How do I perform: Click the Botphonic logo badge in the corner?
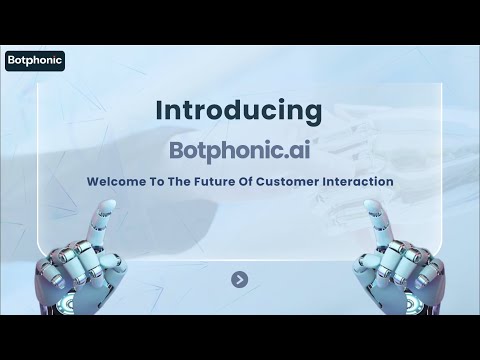[35, 59]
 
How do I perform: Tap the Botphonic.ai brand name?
[239, 149]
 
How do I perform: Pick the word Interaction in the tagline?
[364, 183]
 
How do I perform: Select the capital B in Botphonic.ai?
[180, 149]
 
